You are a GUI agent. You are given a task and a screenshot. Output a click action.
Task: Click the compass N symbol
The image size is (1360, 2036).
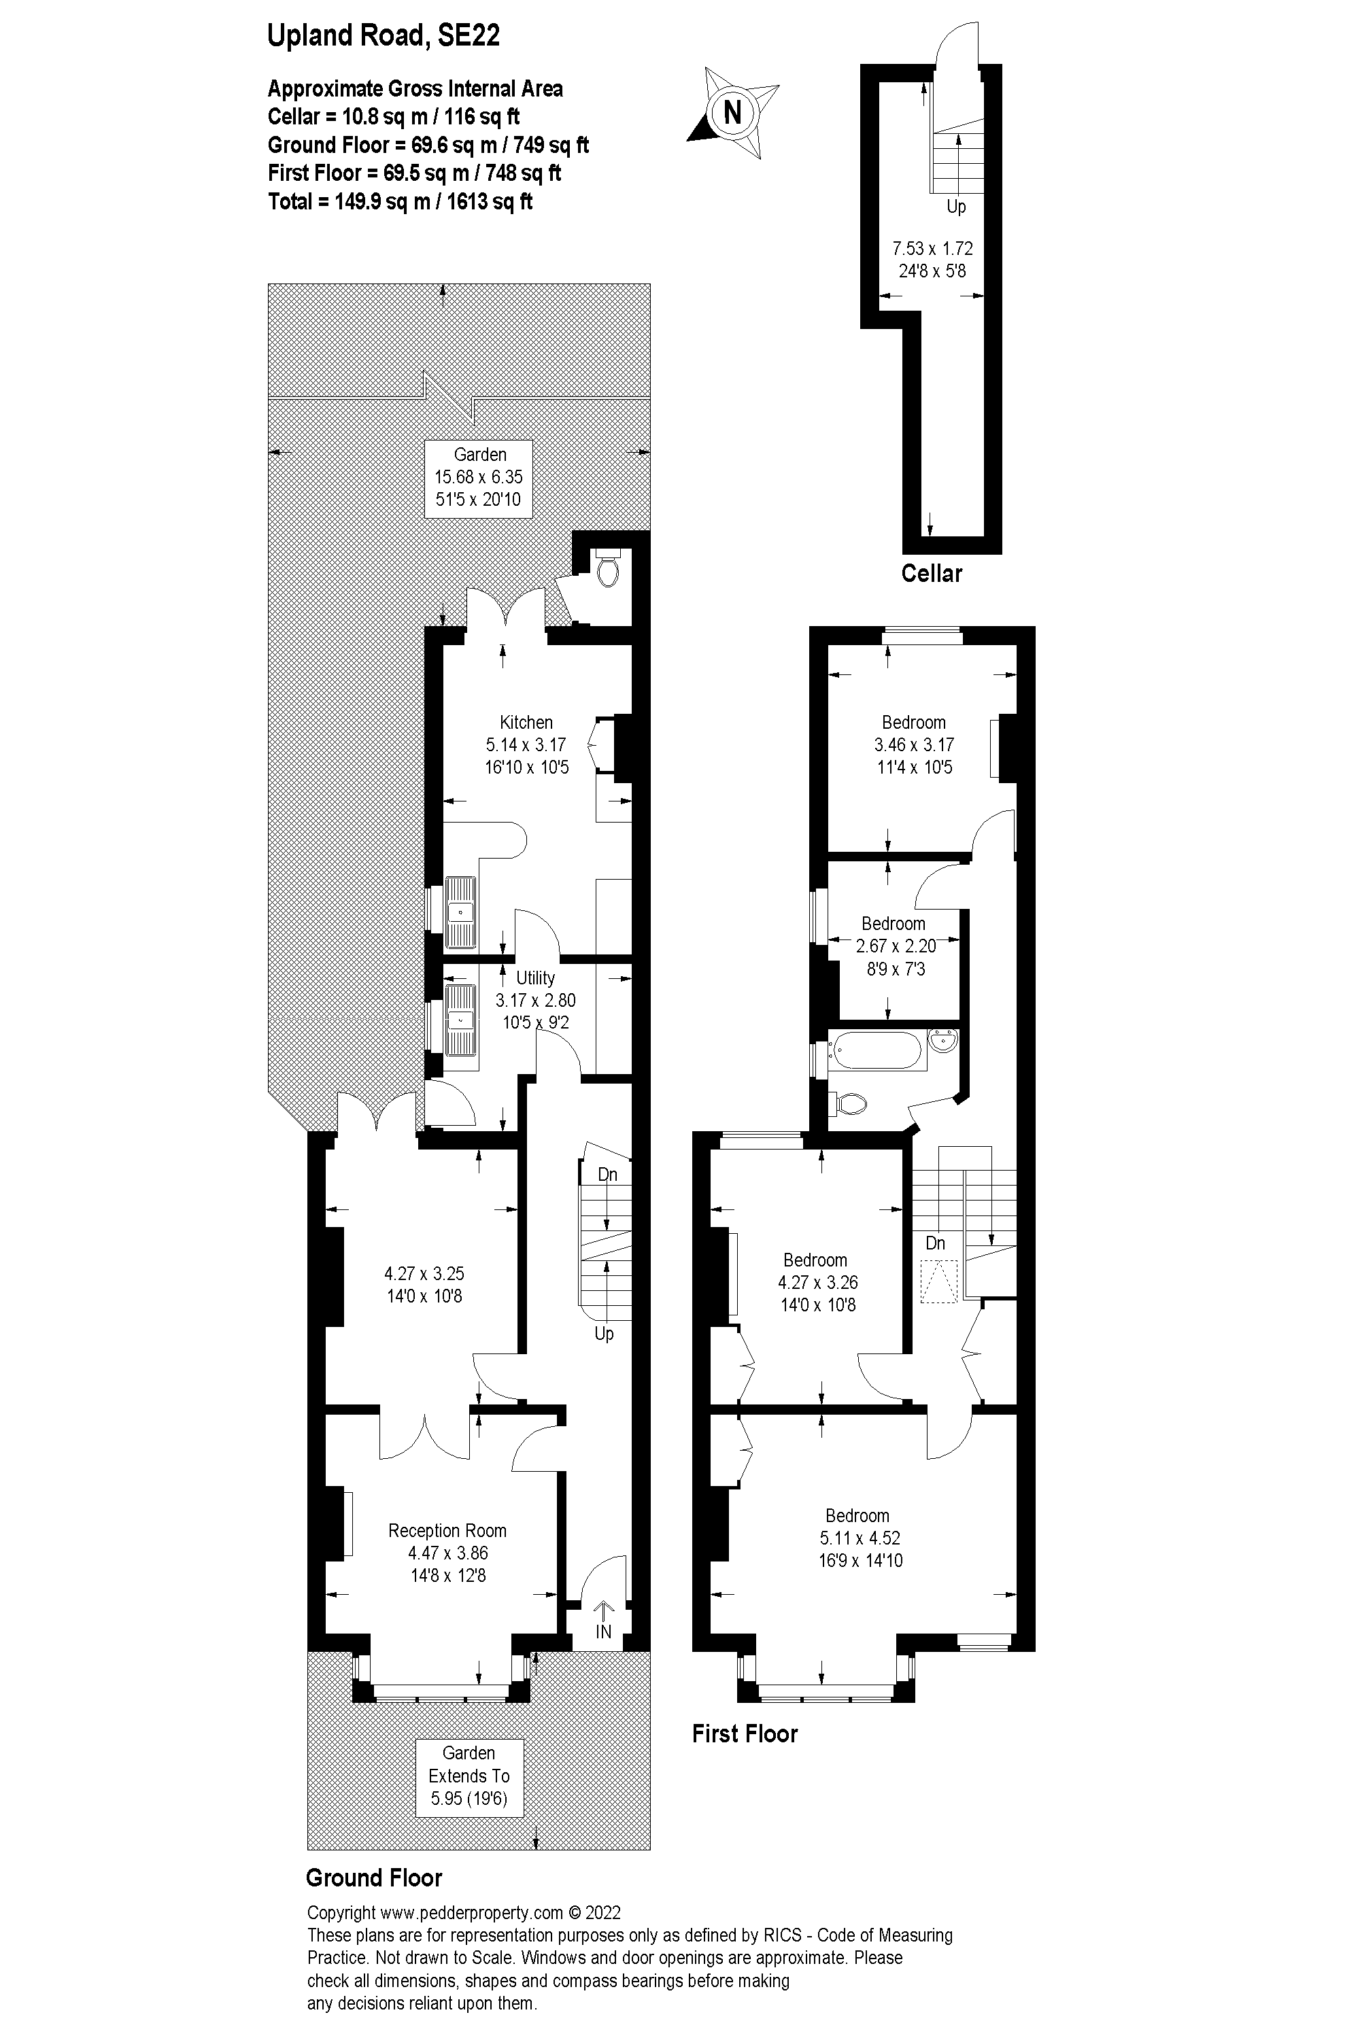pos(733,112)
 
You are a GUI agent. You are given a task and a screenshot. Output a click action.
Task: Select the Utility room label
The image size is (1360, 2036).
pos(535,978)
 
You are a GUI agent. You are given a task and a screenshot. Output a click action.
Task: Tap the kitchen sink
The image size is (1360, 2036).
pos(460,912)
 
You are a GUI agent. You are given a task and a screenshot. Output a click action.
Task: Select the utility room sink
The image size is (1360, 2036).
pos(460,1020)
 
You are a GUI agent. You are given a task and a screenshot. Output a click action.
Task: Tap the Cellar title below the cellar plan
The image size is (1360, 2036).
pos(932,573)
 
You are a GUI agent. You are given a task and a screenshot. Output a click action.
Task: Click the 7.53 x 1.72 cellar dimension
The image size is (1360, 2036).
pos(932,248)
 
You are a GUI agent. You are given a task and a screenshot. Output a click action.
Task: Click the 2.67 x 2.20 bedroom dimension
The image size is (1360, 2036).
pos(895,946)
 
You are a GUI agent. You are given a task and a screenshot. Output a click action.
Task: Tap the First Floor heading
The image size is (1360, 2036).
pos(744,1733)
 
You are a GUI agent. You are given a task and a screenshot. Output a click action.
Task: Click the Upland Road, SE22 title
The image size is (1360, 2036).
pos(384,35)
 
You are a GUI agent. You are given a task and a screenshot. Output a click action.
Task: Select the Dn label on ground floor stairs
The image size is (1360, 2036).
pos(607,1174)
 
